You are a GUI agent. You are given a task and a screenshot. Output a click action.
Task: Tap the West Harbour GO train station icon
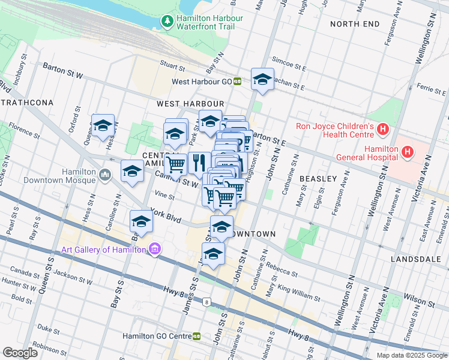pyautogui.click(x=238, y=81)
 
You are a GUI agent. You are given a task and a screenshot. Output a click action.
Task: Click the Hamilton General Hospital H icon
pyautogui.click(x=408, y=152)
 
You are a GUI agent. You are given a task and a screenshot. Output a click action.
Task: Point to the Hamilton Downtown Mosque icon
pyautogui.click(x=106, y=175)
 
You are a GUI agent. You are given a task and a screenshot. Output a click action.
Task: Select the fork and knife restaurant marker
pyautogui.click(x=199, y=162)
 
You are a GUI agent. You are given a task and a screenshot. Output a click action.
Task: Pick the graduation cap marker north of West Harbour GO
pyautogui.click(x=262, y=79)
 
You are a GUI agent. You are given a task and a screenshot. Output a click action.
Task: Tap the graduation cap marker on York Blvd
pyautogui.click(x=142, y=220)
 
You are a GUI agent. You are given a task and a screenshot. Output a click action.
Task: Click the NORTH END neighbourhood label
pyautogui.click(x=355, y=23)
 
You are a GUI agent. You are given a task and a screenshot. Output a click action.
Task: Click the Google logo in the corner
pyautogui.click(x=20, y=353)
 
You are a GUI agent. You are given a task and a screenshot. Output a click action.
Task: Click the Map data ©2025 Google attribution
pyautogui.click(x=411, y=355)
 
